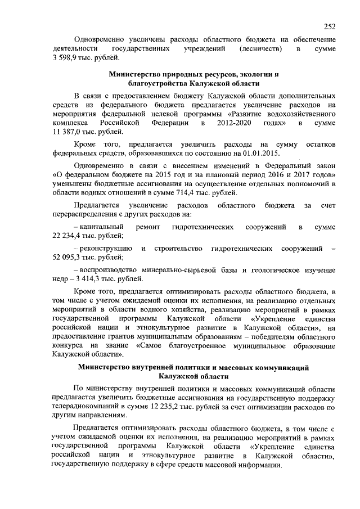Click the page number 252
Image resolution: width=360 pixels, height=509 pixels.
(x=330, y=26)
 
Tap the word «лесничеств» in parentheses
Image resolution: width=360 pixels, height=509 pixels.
(x=258, y=49)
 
